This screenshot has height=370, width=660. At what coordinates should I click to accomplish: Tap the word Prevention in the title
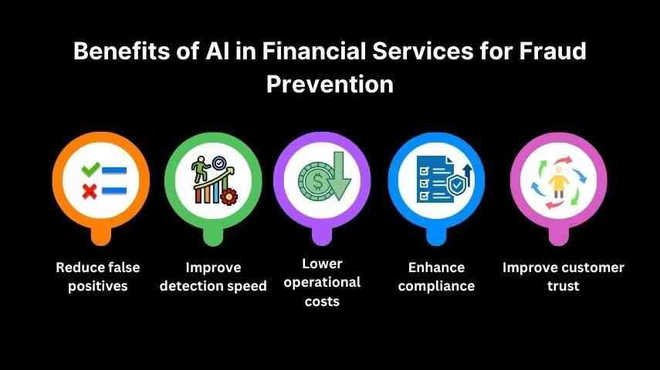click(x=330, y=83)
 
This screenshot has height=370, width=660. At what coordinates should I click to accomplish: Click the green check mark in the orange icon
click(x=90, y=167)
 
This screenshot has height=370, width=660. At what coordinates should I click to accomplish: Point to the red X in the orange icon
click(x=90, y=190)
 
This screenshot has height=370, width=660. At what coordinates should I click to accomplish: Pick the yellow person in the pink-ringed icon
click(x=560, y=185)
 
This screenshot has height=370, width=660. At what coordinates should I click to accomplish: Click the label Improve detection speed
click(x=214, y=277)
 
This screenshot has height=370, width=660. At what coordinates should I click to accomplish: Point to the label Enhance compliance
click(x=437, y=277)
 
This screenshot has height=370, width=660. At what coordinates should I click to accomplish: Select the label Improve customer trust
click(x=563, y=277)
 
